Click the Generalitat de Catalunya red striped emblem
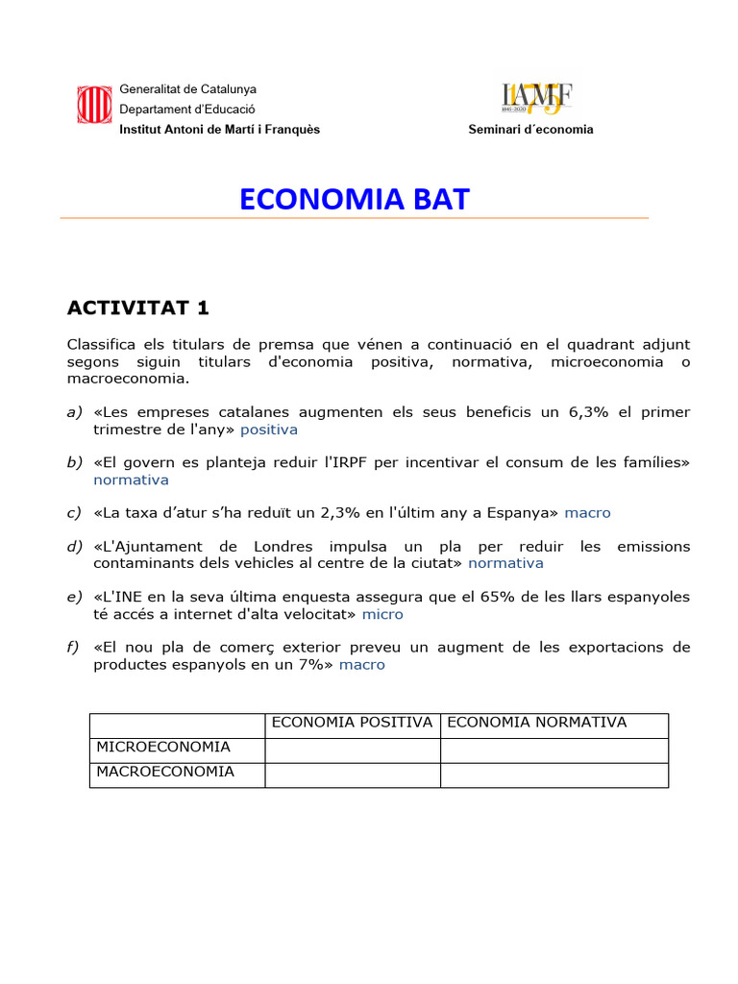[x=92, y=105]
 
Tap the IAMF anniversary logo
[x=537, y=98]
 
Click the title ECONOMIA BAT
[x=355, y=199]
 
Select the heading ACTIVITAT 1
[x=137, y=307]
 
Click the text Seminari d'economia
[x=530, y=130]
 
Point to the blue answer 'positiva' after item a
[x=269, y=430]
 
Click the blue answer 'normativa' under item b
[x=131, y=480]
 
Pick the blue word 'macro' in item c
[x=587, y=513]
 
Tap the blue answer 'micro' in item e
[x=382, y=614]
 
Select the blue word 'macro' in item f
[x=362, y=664]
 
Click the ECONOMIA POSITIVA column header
[x=352, y=723]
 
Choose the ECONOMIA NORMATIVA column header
[x=537, y=723]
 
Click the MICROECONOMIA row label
[x=161, y=748]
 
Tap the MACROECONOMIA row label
[x=163, y=772]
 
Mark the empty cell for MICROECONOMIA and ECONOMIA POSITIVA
[x=352, y=750]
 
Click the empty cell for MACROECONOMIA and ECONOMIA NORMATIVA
[x=553, y=775]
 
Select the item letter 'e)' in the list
[x=75, y=597]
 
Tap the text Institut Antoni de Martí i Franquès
[x=219, y=130]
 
